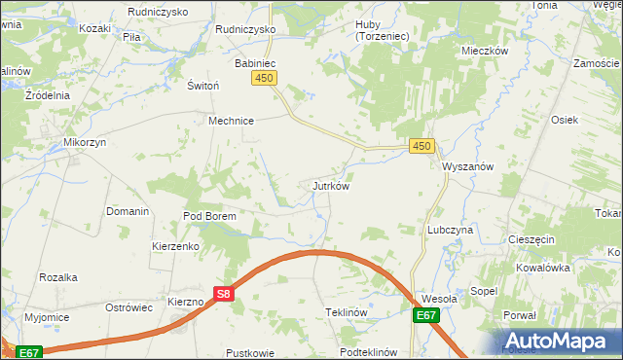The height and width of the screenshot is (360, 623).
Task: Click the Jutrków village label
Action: tap(330, 185)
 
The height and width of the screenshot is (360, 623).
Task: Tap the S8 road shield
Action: tap(223, 293)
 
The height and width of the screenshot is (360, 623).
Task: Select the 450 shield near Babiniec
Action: tap(263, 78)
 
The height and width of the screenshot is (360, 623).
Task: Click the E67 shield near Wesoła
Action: tap(424, 315)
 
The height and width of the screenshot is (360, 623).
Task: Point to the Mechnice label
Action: tap(231, 121)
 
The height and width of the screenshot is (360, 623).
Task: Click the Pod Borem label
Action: tap(210, 216)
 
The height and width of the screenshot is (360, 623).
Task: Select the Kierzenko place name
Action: tap(175, 246)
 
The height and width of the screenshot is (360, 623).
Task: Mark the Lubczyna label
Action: tap(450, 230)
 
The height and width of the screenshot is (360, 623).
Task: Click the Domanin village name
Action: tap(128, 211)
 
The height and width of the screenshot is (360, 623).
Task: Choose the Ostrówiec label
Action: tap(129, 306)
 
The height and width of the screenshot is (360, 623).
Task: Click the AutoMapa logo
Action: tap(559, 341)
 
